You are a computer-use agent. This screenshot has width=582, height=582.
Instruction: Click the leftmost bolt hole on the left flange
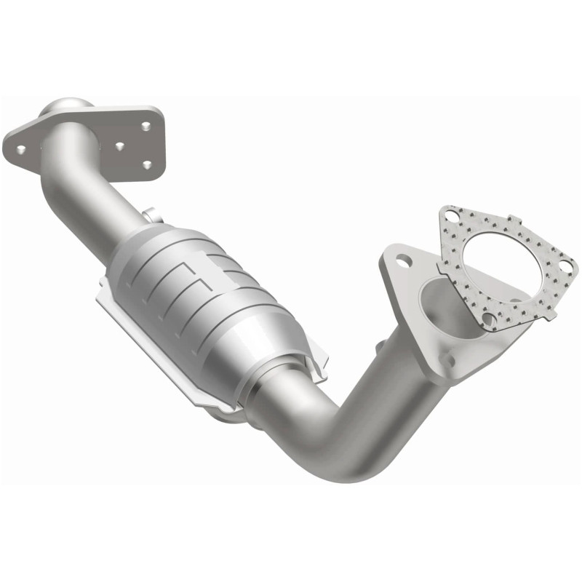21,149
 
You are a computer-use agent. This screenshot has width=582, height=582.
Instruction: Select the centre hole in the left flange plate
121,145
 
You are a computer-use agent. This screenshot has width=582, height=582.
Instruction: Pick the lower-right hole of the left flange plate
148,165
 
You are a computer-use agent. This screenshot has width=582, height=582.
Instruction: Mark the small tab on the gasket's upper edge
513,219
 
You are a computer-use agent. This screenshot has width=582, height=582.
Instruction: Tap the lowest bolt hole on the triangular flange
449,358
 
